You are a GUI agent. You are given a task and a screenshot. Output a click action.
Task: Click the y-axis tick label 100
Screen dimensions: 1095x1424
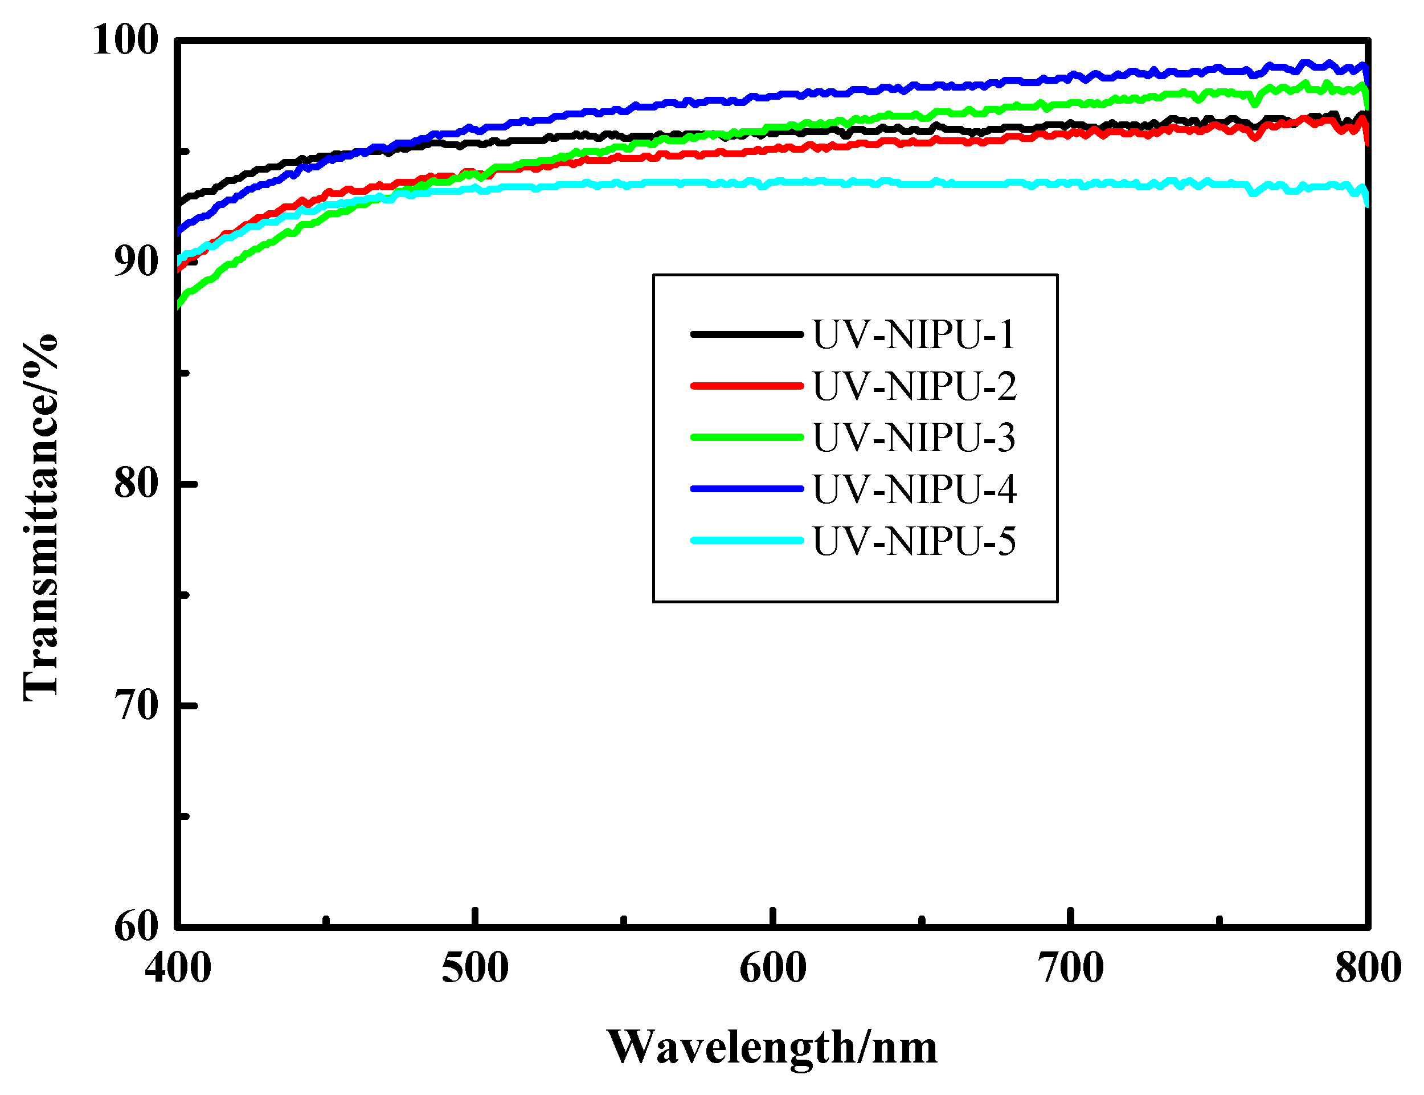pyautogui.click(x=125, y=40)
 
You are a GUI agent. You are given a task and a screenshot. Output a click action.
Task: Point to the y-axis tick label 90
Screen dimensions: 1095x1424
pyautogui.click(x=136, y=263)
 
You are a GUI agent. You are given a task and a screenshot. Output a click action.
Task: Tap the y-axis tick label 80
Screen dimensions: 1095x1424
pyautogui.click(x=136, y=484)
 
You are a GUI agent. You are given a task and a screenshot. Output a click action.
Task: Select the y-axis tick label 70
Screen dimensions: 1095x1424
pyautogui.click(x=136, y=706)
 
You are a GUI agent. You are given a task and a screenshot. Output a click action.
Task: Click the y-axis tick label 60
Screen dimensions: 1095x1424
pyautogui.click(x=136, y=927)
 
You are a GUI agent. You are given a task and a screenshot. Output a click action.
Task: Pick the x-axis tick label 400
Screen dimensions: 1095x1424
pyautogui.click(x=178, y=969)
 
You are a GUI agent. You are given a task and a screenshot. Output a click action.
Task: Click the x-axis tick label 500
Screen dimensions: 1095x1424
pyautogui.click(x=475, y=969)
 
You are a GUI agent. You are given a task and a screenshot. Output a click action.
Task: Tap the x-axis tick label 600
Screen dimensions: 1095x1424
pyautogui.click(x=773, y=969)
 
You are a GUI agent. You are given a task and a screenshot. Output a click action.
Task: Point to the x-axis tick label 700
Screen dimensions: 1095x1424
pyautogui.click(x=1070, y=969)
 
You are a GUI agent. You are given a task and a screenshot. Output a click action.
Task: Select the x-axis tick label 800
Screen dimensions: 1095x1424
pyautogui.click(x=1368, y=969)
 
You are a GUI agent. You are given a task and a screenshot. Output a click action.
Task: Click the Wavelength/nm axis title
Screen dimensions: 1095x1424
pyautogui.click(x=772, y=1049)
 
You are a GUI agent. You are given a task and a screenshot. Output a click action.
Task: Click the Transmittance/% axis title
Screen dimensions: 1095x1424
pyautogui.click(x=41, y=518)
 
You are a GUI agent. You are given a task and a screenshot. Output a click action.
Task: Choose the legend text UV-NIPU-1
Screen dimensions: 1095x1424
pyautogui.click(x=913, y=335)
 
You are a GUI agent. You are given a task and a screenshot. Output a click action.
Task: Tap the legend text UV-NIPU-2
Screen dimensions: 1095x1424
pyautogui.click(x=914, y=386)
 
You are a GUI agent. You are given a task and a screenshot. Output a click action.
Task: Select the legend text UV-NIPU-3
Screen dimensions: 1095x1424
pyautogui.click(x=913, y=438)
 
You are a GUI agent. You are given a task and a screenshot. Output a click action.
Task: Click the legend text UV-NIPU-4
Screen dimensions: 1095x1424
pyautogui.click(x=914, y=489)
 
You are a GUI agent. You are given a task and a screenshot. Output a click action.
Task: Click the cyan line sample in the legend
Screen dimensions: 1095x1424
pyautogui.click(x=746, y=540)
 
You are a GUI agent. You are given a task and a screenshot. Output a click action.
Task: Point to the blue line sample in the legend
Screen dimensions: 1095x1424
pyautogui.click(x=746, y=489)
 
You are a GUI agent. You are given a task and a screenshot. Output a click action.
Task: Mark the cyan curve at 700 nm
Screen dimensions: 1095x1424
pyautogui.click(x=1070, y=184)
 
